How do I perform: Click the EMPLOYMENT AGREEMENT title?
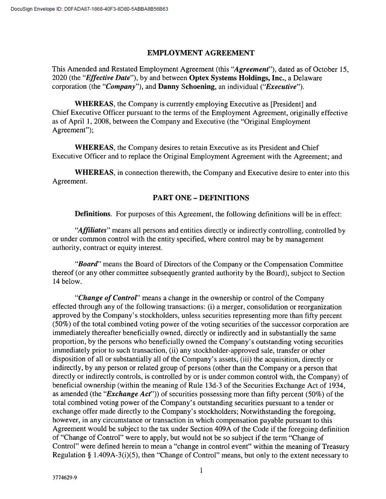point(201,53)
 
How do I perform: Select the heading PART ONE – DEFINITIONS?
point(201,198)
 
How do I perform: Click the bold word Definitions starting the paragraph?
point(93,214)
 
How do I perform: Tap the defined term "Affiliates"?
point(92,230)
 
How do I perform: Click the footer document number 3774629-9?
point(64,478)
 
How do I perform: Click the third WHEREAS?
point(94,173)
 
